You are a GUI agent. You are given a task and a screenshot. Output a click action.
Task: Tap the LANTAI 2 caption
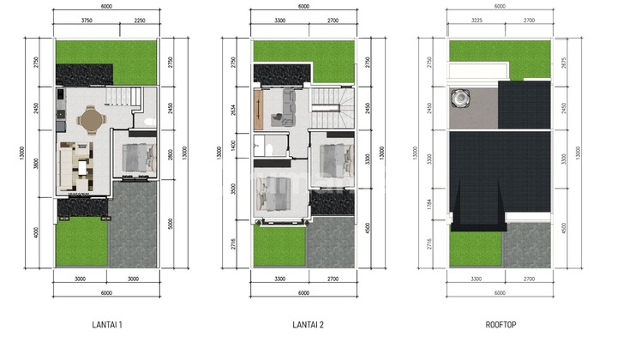tap(303, 324)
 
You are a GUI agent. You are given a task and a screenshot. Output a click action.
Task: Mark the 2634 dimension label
tap(232, 108)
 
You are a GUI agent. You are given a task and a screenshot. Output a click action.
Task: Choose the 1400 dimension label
tap(232, 145)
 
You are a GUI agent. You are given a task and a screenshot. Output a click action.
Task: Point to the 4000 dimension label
tap(35, 233)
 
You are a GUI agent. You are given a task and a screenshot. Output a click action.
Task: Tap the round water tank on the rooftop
tap(463, 99)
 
